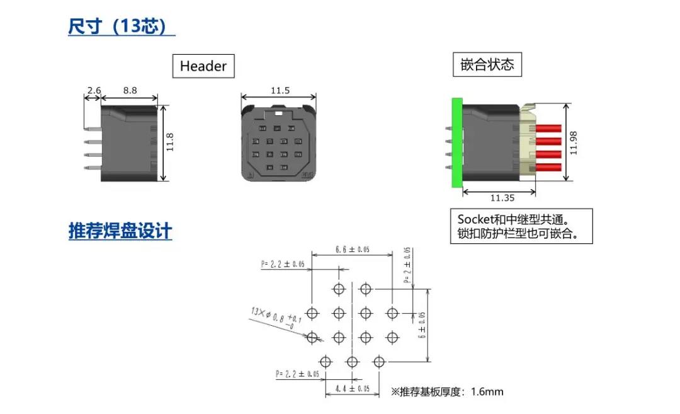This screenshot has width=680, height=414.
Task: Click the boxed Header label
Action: pyautogui.click(x=203, y=66)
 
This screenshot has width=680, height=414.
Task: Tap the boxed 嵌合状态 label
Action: pyautogui.click(x=487, y=64)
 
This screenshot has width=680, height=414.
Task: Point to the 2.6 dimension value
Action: pyautogui.click(x=94, y=91)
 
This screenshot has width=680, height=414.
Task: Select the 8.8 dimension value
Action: pyautogui.click(x=130, y=91)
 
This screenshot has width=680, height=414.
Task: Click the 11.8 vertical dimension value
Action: pyautogui.click(x=169, y=143)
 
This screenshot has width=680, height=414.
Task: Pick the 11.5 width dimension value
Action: pyautogui.click(x=280, y=91)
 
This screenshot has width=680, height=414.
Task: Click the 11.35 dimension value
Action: pyautogui.click(x=502, y=198)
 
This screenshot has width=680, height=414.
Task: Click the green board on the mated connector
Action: pyautogui.click(x=456, y=143)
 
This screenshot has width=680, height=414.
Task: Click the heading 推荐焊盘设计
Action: pyautogui.click(x=120, y=231)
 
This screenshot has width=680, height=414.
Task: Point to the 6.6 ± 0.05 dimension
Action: pyautogui.click(x=352, y=250)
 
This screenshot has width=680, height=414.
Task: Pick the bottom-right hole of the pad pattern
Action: pyautogui.click(x=378, y=362)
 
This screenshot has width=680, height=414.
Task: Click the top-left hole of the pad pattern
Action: pyautogui.click(x=339, y=289)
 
